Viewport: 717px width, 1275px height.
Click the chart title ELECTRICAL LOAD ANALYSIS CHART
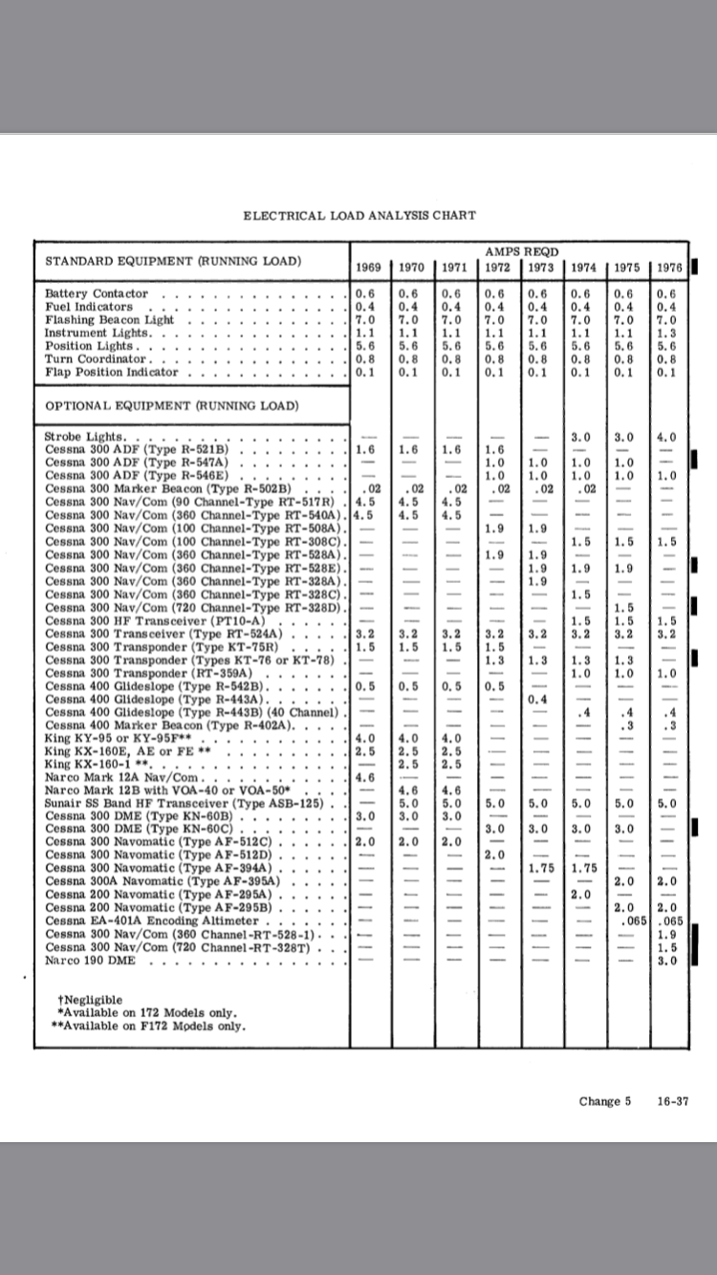[359, 215]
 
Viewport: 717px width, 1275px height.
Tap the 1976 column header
[667, 267]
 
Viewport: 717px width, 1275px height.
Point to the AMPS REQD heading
[521, 250]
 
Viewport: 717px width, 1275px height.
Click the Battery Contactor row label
[97, 293]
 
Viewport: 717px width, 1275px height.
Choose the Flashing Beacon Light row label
[110, 319]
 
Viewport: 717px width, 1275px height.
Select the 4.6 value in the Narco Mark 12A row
[364, 777]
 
